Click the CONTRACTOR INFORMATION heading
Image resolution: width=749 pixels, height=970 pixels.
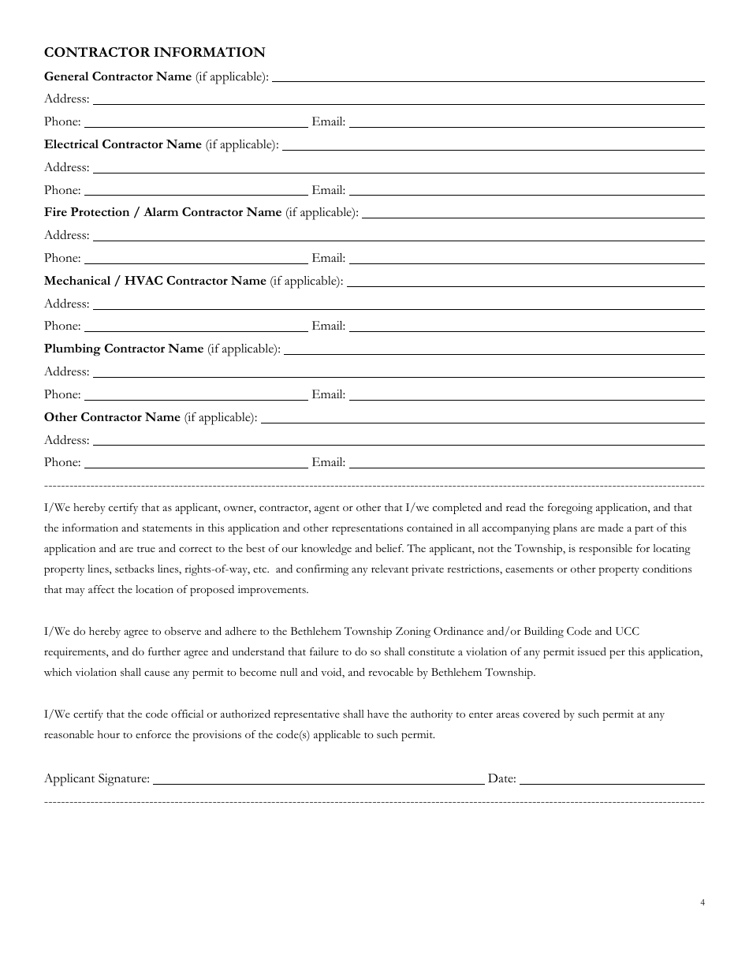pyautogui.click(x=155, y=52)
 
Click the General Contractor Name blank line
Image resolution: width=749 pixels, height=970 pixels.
pyautogui.click(x=488, y=77)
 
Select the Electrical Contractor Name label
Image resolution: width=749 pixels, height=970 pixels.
pyautogui.click(x=123, y=145)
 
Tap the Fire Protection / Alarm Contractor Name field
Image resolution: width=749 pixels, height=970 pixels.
pyautogui.click(x=533, y=213)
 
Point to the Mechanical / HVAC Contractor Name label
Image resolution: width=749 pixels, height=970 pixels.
pyautogui.click(x=155, y=281)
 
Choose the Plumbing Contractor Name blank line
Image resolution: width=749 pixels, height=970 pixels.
pyautogui.click(x=494, y=349)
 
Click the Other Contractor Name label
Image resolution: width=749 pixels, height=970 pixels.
pyautogui.click(x=112, y=417)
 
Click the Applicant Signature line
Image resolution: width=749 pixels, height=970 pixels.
pyautogui.click(x=319, y=779)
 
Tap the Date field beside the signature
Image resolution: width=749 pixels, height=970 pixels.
pyautogui.click(x=612, y=779)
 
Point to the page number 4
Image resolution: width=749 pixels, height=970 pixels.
pyautogui.click(x=702, y=903)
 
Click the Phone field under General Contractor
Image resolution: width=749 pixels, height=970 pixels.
pyautogui.click(x=196, y=122)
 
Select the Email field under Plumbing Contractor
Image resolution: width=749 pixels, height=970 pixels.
pyautogui.click(x=527, y=395)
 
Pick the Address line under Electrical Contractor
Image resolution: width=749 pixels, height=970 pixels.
pyautogui.click(x=398, y=168)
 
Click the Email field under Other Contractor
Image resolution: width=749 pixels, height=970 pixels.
pyautogui.click(x=527, y=463)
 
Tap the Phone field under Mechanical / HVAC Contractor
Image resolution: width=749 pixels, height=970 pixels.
pyautogui.click(x=196, y=326)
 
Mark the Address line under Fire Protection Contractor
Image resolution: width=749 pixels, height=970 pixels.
pyautogui.click(x=398, y=236)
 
